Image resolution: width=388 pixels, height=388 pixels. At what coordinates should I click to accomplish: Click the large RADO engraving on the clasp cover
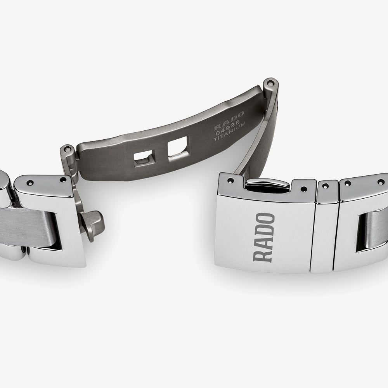coord(264,237)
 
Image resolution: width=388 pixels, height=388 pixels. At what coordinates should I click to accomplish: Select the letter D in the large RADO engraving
coord(264,231)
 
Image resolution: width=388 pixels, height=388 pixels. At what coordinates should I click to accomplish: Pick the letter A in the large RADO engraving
coord(263,244)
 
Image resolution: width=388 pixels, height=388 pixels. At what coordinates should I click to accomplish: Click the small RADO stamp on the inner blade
coord(229,121)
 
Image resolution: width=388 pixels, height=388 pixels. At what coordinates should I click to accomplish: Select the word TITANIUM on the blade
coord(230,132)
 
